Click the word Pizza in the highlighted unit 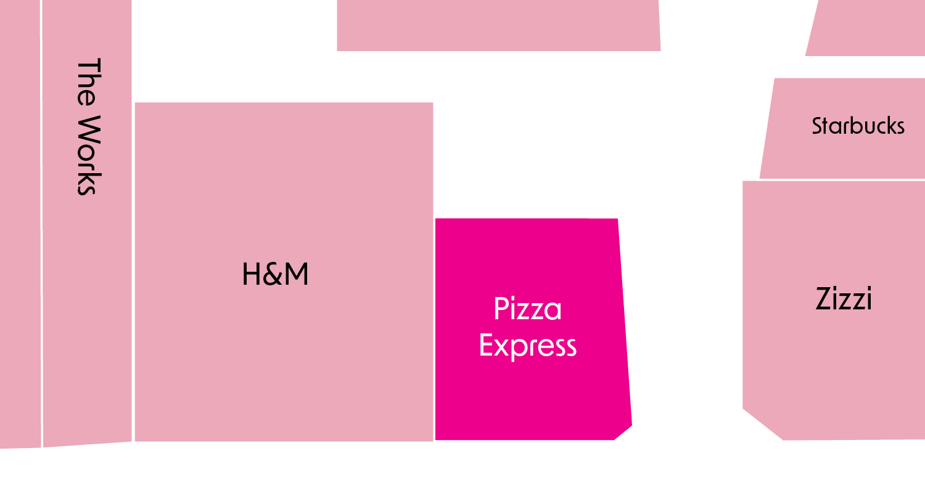pos(528,309)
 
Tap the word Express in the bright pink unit pos(528,346)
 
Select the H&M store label pos(275,274)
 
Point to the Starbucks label pos(858,126)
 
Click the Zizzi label pos(843,299)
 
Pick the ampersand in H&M pos(272,275)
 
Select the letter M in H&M pos(295,274)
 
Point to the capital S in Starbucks pos(818,126)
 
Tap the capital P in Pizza pos(501,309)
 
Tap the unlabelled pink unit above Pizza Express pos(498,25)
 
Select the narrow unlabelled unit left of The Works pos(20,222)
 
